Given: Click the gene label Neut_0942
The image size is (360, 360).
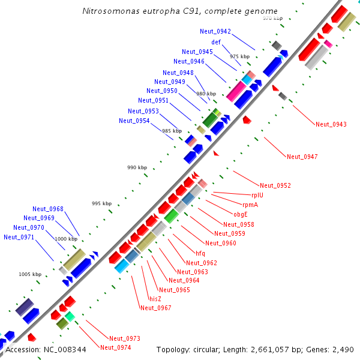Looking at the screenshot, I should [x=215, y=31].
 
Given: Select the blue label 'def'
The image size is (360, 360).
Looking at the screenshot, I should [x=216, y=42].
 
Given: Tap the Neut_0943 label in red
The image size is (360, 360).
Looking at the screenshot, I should [x=331, y=124].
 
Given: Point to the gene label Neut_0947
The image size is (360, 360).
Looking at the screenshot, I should [x=302, y=157].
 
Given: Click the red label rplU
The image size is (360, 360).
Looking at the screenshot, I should [x=259, y=194].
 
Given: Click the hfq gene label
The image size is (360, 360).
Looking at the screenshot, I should [x=200, y=253].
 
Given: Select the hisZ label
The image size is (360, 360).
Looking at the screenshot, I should [x=155, y=298].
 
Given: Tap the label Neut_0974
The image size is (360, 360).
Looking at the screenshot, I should [x=116, y=347].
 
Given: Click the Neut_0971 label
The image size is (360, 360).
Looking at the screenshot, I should [x=19, y=237].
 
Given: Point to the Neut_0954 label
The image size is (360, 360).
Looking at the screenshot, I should [x=134, y=121].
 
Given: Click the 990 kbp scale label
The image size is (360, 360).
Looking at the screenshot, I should [x=137, y=167].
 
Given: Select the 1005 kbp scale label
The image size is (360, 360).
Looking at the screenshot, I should [x=30, y=274].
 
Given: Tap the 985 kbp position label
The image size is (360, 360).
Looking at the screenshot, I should [x=172, y=131].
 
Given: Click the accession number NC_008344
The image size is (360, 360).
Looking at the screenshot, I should [x=65, y=349].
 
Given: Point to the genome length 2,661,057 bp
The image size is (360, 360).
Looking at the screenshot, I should [x=282, y=349].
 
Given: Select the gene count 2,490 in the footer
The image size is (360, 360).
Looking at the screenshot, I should [x=343, y=349].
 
